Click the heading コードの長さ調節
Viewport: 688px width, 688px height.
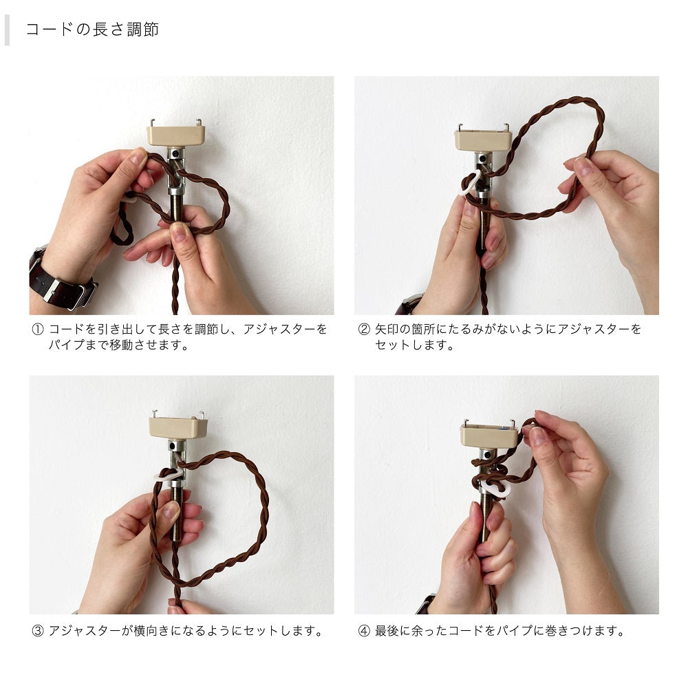click(x=92, y=30)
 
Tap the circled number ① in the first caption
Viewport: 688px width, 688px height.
click(x=38, y=329)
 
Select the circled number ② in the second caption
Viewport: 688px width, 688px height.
click(x=364, y=329)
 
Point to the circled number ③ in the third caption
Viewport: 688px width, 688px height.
click(x=38, y=630)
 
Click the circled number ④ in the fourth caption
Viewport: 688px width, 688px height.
click(x=364, y=630)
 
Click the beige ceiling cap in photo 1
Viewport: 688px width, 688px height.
click(x=176, y=135)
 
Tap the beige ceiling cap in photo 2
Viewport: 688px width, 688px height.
click(x=483, y=140)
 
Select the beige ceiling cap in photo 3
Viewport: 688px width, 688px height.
click(x=178, y=427)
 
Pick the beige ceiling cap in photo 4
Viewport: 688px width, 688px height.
click(x=488, y=435)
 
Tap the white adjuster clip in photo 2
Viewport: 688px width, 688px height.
click(x=472, y=182)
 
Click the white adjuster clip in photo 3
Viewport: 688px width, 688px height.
click(x=165, y=475)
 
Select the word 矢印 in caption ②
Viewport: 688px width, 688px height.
click(x=389, y=329)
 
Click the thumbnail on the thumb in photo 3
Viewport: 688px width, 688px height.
click(x=171, y=511)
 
